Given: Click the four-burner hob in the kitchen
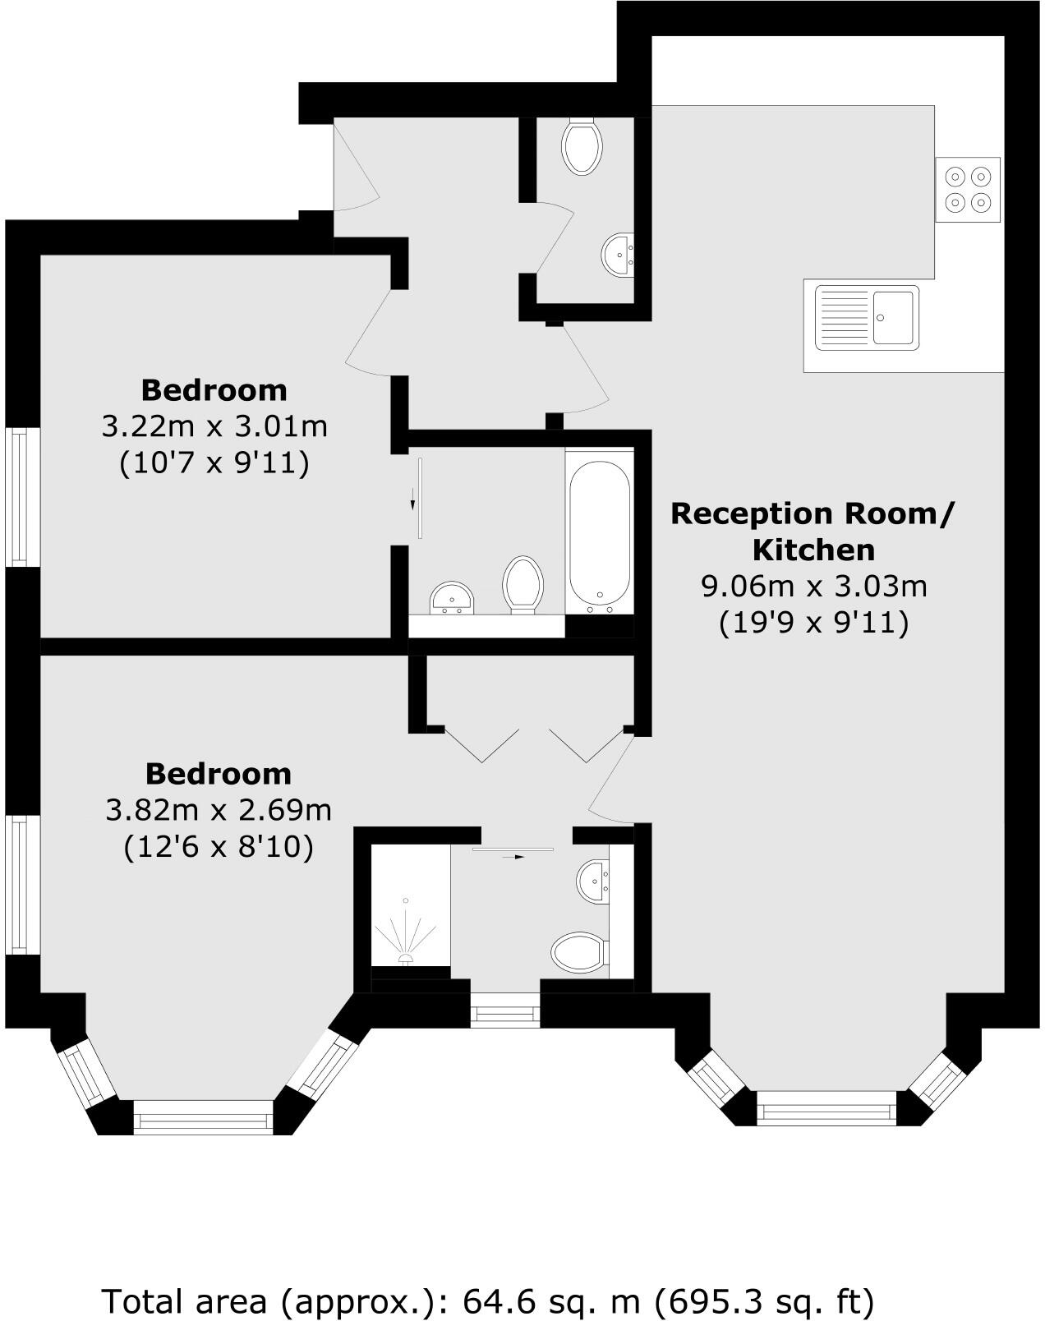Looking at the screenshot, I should click(x=968, y=189).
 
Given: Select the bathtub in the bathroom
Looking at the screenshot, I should click(x=600, y=532).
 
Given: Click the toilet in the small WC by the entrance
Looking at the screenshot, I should click(x=582, y=146).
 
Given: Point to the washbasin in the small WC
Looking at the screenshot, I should click(x=618, y=255).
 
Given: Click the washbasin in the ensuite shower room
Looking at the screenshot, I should click(x=593, y=881).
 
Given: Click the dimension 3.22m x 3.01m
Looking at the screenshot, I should click(x=214, y=426).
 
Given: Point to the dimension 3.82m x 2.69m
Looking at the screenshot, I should click(x=219, y=810).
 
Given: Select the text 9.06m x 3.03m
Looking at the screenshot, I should click(x=813, y=586).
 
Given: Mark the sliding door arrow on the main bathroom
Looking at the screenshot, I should click(x=413, y=499).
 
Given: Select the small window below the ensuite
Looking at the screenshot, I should click(x=505, y=1011).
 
